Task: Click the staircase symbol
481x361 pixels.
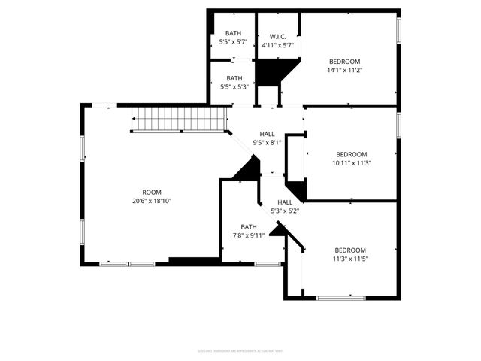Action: pos(180,119)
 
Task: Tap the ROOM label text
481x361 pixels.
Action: pos(152,192)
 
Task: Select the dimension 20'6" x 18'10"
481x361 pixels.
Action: pos(152,201)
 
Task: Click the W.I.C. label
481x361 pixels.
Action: pos(277,36)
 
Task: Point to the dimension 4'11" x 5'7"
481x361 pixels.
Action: pos(277,45)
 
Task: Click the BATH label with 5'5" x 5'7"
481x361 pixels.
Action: pos(233,33)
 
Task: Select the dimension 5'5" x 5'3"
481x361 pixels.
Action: pos(234,87)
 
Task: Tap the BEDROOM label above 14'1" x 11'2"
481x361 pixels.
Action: pos(345,61)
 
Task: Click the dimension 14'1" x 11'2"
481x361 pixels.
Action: pos(345,70)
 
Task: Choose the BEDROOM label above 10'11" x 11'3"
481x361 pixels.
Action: pos(351,153)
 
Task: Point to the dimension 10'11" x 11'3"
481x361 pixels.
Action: pos(351,162)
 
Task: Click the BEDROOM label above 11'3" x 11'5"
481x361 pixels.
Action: pos(350,250)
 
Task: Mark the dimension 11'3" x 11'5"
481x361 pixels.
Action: pos(350,259)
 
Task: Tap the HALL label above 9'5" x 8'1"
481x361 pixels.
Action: pos(267,133)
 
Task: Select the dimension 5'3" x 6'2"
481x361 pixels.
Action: pos(285,211)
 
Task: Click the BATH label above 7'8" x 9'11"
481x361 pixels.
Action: pos(249,226)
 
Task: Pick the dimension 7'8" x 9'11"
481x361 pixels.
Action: pos(249,235)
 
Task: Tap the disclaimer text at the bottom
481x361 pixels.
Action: pos(240,350)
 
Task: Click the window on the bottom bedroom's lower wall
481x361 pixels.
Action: pos(340,298)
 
